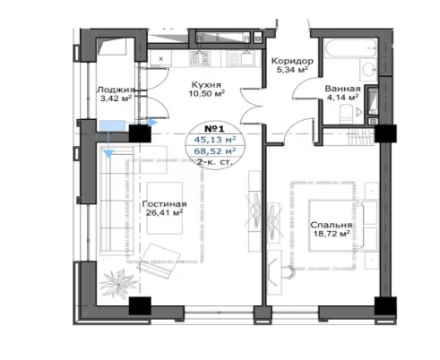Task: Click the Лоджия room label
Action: (x=116, y=90)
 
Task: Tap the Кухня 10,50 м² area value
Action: (x=206, y=93)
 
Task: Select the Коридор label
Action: (x=292, y=61)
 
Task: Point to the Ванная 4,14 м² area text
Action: (x=342, y=97)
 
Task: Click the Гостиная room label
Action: (x=164, y=204)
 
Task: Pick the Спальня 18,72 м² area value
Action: (x=332, y=234)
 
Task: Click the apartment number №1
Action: (x=214, y=129)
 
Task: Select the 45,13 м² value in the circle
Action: (x=215, y=140)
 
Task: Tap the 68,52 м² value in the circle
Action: (x=215, y=151)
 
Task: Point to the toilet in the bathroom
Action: (x=346, y=114)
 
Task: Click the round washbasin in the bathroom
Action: (x=368, y=70)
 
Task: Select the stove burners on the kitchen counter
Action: (x=200, y=58)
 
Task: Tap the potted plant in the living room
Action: (x=117, y=283)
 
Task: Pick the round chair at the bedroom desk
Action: (x=288, y=272)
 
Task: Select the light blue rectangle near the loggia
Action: (x=112, y=125)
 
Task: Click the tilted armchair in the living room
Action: (x=160, y=261)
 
